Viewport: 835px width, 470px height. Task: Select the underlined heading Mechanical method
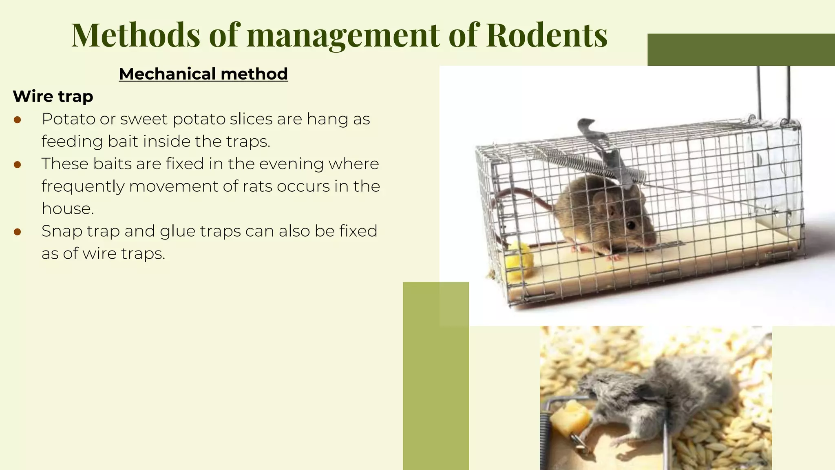[203, 74]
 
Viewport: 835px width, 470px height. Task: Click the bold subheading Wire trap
[53, 97]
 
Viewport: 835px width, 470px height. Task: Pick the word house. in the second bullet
[68, 209]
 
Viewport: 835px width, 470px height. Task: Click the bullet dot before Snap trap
[17, 232]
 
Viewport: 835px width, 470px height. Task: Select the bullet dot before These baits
[17, 164]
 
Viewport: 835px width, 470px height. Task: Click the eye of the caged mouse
[631, 225]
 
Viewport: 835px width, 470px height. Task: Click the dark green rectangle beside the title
[741, 49]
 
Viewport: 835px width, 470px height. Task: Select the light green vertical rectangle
[435, 375]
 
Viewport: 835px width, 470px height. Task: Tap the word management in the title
[343, 35]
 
